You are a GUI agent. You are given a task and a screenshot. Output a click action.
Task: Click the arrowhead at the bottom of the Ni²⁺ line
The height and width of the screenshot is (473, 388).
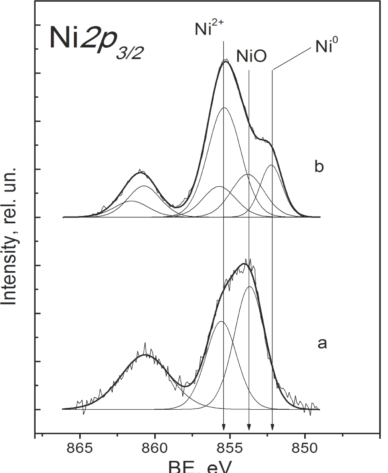[224, 427]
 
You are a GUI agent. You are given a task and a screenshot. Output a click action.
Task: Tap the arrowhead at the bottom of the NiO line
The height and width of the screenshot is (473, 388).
[249, 427]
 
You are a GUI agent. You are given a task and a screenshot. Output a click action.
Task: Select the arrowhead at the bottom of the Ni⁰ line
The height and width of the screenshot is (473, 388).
[272, 427]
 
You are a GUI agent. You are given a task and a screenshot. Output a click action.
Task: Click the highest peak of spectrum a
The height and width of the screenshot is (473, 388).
[245, 264]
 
